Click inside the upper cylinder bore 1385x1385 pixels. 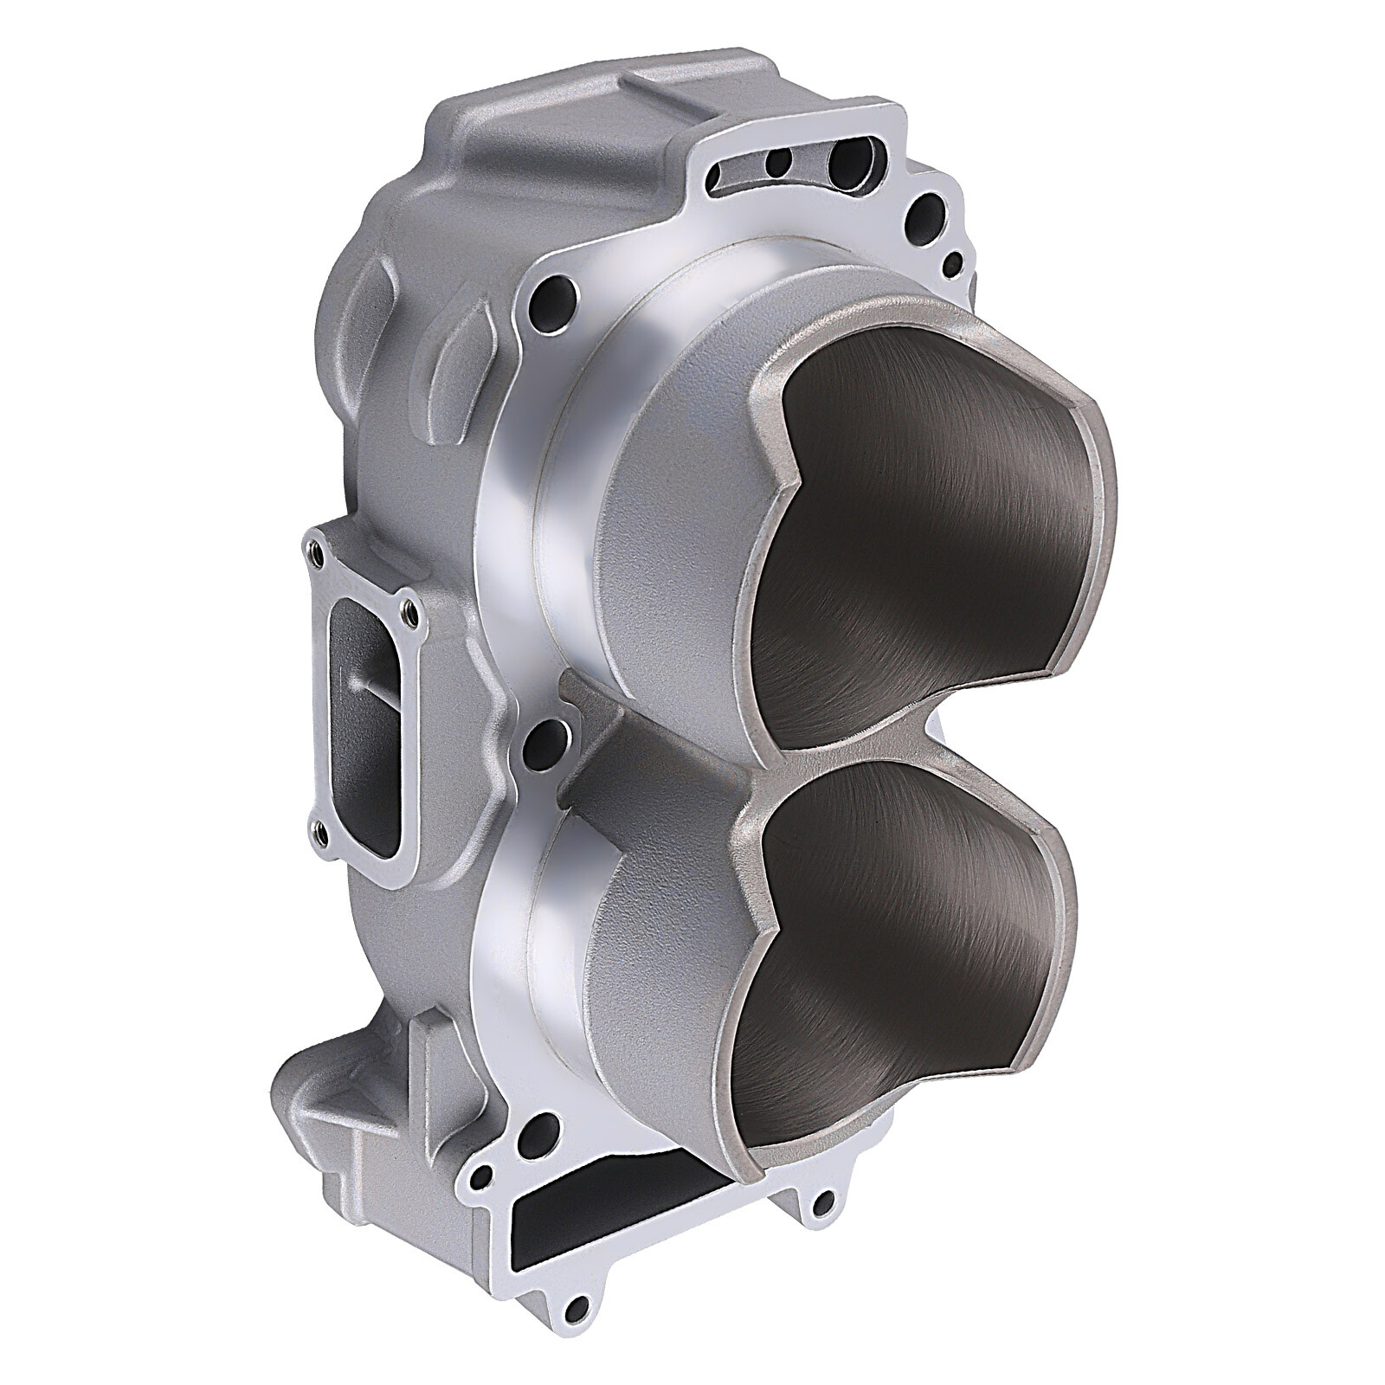pyautogui.click(x=926, y=537)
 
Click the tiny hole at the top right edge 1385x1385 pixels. pyautogui.click(x=952, y=261)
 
